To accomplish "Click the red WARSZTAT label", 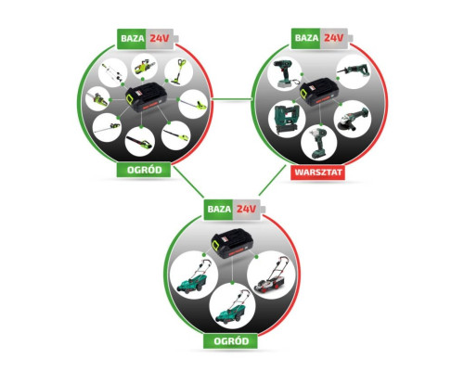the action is (x=318, y=173).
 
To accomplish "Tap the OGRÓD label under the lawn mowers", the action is (x=231, y=341).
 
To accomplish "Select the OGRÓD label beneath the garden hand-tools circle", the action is (x=144, y=170).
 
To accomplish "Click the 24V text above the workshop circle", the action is (x=333, y=38).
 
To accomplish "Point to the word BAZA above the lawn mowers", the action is (x=219, y=209).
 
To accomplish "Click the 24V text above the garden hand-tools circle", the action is (x=160, y=38).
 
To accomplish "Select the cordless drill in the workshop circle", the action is (x=285, y=73).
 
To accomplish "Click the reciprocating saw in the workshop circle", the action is (x=354, y=71).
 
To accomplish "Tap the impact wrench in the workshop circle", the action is (x=317, y=143).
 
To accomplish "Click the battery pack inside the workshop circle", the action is (x=317, y=93).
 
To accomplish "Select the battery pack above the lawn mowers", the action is (x=232, y=243).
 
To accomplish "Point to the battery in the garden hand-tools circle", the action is (x=147, y=97).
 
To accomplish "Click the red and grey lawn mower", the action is (x=271, y=275).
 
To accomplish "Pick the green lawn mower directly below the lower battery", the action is (x=231, y=307).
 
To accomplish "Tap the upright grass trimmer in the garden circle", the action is (x=178, y=71).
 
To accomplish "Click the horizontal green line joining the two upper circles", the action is (x=232, y=99).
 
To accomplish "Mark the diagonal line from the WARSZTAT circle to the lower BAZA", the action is (x=272, y=180).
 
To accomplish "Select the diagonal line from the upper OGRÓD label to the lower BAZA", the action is (x=188, y=182).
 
